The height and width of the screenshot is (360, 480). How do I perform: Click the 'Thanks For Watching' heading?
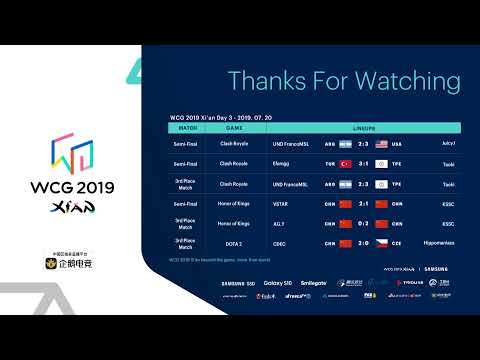click(344, 80)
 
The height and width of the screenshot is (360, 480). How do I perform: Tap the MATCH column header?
click(187, 129)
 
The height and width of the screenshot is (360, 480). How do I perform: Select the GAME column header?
click(234, 129)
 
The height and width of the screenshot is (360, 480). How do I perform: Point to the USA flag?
click(382, 144)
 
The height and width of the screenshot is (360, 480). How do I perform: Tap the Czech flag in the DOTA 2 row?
click(382, 243)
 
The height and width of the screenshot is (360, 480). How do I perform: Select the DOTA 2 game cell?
click(234, 243)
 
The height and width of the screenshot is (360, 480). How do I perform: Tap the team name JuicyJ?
click(447, 144)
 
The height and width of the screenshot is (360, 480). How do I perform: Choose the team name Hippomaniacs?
click(439, 243)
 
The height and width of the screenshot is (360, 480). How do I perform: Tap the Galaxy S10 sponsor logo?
click(279, 283)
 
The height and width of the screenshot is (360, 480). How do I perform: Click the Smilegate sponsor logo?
click(312, 283)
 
